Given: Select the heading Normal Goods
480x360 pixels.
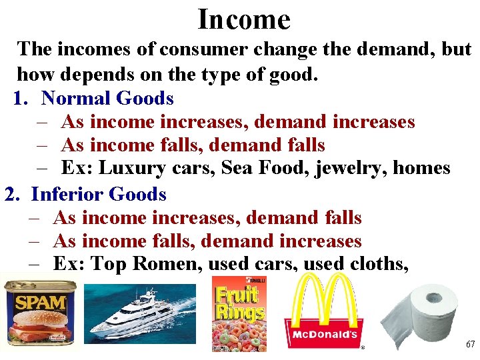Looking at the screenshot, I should pyautogui.click(x=107, y=99).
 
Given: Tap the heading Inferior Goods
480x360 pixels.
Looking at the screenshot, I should pyautogui.click(x=99, y=195).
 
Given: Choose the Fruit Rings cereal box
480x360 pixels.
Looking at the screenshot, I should pyautogui.click(x=239, y=314).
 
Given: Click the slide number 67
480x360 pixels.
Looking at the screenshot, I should pyautogui.click(x=471, y=345).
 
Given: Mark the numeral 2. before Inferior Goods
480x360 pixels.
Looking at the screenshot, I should pyautogui.click(x=14, y=195).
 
